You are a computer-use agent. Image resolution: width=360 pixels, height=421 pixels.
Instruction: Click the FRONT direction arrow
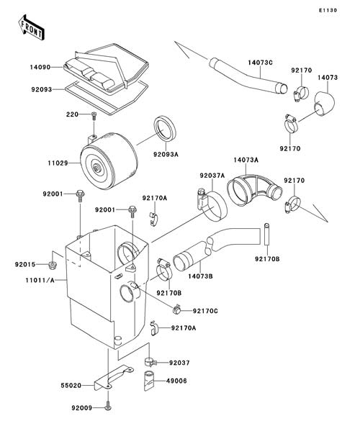pos(31,27)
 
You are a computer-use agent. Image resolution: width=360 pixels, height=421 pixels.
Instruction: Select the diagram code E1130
pos(328,10)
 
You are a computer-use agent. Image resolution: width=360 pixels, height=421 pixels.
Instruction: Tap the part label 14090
pos(40,67)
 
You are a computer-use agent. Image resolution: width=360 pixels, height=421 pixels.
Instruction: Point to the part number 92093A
pos(166,155)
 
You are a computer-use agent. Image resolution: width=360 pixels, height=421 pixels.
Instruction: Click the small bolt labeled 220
pos(94,115)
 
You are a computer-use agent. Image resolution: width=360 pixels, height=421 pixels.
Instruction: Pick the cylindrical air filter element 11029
pos(109,161)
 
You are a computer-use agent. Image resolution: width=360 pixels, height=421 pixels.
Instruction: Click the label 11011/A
pos(40,281)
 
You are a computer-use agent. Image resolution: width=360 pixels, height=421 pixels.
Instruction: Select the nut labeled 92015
pos(53,265)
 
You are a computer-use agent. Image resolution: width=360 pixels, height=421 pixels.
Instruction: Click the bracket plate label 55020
pos(71,386)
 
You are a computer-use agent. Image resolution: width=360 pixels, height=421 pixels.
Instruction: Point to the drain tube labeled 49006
pos(149,380)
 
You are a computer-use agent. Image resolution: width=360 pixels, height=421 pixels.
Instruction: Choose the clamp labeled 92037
pos(150,361)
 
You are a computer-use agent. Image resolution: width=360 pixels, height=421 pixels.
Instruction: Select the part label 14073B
pos(200,276)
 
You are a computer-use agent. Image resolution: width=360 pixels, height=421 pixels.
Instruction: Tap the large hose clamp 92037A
pos(212,205)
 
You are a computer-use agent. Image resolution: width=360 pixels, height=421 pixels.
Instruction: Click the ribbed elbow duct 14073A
pos(254,189)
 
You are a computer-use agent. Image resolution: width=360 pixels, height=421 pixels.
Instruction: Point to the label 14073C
pos(260,63)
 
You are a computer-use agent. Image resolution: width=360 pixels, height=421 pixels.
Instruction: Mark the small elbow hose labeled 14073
pos(325,104)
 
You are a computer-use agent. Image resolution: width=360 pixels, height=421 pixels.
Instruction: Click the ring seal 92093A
pos(165,129)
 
